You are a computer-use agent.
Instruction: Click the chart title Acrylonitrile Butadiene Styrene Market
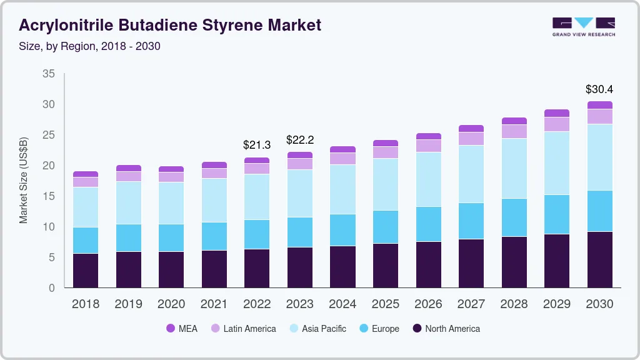point(170,25)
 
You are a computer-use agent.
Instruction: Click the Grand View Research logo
point(583,26)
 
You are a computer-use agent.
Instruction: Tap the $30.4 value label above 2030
point(599,89)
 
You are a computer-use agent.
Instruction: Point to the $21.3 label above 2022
point(257,145)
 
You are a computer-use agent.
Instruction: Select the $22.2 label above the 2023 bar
point(299,139)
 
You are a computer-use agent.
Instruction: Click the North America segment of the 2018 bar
point(86,270)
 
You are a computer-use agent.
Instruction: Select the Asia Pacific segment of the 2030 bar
point(599,157)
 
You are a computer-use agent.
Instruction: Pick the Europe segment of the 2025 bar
point(386,227)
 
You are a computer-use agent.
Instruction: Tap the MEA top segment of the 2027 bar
point(471,128)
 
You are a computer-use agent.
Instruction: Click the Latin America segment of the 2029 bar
point(557,124)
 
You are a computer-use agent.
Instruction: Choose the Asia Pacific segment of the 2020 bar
point(171,202)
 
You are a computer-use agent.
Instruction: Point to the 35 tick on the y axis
point(48,74)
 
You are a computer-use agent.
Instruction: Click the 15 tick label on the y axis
point(48,196)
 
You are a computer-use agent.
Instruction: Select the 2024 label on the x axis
point(342,304)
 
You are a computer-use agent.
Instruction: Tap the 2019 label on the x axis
point(128,304)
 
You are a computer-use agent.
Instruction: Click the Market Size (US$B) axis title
point(23,180)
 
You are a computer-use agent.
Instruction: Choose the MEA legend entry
point(182,328)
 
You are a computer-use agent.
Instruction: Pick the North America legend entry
point(446,328)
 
